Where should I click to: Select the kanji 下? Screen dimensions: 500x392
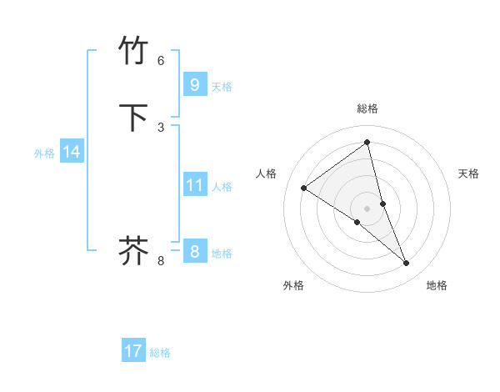click(133, 117)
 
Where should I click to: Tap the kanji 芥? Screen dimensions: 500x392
click(133, 250)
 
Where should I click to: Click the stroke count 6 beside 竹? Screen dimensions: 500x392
click(161, 61)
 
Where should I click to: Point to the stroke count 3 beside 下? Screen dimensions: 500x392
click(161, 127)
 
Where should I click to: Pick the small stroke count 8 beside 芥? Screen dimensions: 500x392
click(161, 261)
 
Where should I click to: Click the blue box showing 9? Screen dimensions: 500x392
click(194, 84)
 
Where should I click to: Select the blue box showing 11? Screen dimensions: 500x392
click(194, 184)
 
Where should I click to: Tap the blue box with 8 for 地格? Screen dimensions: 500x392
click(194, 251)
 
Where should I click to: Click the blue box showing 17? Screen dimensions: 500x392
click(133, 351)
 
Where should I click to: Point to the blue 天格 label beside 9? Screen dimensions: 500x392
click(222, 86)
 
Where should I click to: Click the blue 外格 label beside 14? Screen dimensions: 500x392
click(44, 153)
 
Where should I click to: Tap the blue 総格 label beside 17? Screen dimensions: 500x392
click(160, 353)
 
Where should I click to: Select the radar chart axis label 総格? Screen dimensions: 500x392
click(367, 108)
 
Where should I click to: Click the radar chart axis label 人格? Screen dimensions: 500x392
click(266, 173)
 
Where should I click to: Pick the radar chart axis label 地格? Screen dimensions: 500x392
click(437, 285)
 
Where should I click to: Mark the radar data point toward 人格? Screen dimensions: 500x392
click(303, 188)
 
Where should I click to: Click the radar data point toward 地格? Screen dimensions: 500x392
click(407, 264)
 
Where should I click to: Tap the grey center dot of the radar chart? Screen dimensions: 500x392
click(367, 209)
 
